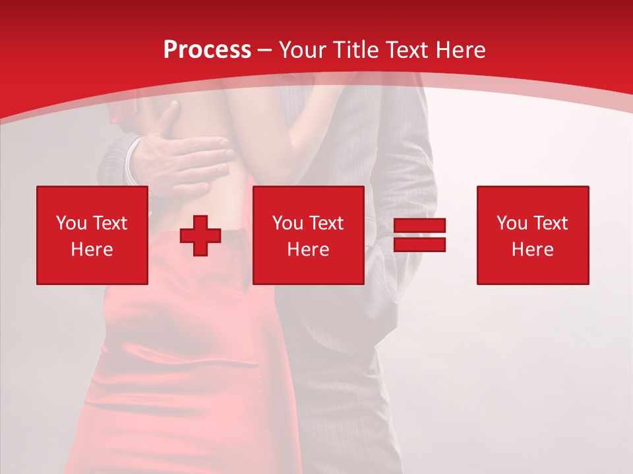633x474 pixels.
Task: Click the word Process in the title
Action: click(207, 50)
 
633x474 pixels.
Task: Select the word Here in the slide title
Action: click(461, 50)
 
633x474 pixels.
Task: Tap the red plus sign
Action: click(200, 236)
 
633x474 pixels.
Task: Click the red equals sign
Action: click(419, 235)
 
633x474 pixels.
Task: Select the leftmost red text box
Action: click(92, 235)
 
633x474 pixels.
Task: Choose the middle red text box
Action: click(308, 235)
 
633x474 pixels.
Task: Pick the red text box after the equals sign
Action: click(533, 235)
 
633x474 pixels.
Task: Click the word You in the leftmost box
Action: click(71, 223)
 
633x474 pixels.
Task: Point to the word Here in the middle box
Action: click(308, 250)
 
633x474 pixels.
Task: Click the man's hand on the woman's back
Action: click(185, 158)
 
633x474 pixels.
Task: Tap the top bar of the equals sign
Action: click(419, 226)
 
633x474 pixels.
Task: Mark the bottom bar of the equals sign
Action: click(419, 244)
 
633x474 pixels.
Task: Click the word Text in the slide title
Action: click(408, 50)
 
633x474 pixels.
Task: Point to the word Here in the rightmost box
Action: click(533, 250)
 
